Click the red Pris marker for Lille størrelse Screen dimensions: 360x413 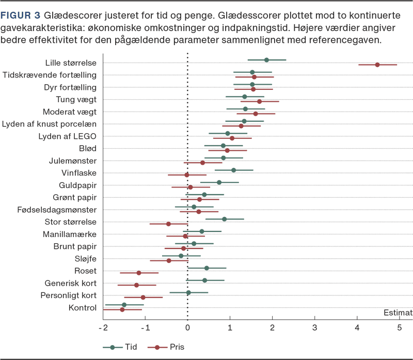[x=377, y=65]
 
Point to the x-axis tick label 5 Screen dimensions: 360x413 [x=399, y=327]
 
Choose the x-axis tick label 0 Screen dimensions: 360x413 [x=187, y=327]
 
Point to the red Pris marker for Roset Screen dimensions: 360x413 [x=138, y=272]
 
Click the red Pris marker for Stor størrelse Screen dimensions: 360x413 [x=168, y=224]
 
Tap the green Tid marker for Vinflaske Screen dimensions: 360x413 [x=233, y=170]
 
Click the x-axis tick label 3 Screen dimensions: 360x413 [x=314, y=327]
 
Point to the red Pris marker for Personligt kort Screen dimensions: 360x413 [x=144, y=297]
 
